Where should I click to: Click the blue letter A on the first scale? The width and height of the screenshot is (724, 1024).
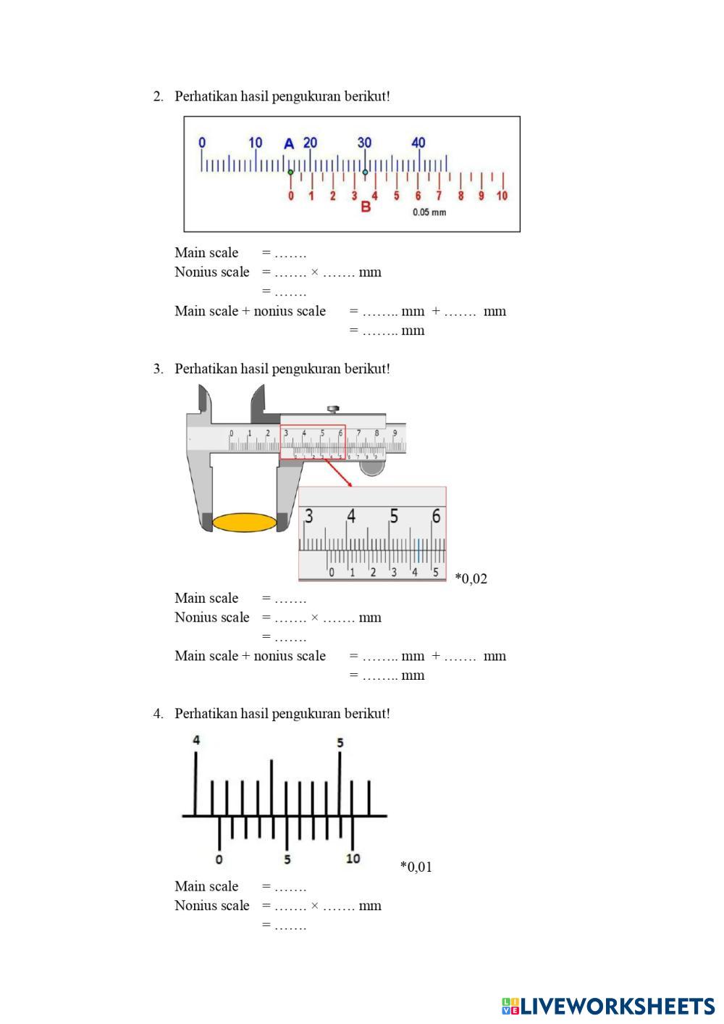pos(289,143)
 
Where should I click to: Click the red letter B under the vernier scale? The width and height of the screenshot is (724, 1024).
pos(366,207)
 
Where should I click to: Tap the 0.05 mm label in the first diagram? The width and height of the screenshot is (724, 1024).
pos(429,212)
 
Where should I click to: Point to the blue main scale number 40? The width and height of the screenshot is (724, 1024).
pos(418,142)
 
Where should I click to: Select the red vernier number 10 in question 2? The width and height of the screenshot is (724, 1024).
pos(502,196)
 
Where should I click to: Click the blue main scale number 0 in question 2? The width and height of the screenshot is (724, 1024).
pos(202,143)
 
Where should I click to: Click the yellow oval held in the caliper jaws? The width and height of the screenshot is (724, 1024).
pos(244,523)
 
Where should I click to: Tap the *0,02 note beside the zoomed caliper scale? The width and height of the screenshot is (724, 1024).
pos(471,578)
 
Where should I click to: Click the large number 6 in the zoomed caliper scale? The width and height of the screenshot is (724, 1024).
pos(436,516)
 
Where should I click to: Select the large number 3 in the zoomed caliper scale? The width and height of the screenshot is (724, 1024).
pos(309,516)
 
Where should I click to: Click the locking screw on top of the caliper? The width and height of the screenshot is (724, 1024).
pos(333,409)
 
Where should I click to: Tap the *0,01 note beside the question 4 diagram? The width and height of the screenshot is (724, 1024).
pos(416,867)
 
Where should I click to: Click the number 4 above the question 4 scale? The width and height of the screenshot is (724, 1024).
pos(196,740)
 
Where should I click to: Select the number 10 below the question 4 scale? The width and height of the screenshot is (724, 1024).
pos(353,859)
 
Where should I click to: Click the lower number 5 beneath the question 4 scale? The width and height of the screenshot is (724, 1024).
pos(287,859)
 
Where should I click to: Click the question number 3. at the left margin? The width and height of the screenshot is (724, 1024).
pos(158,369)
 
